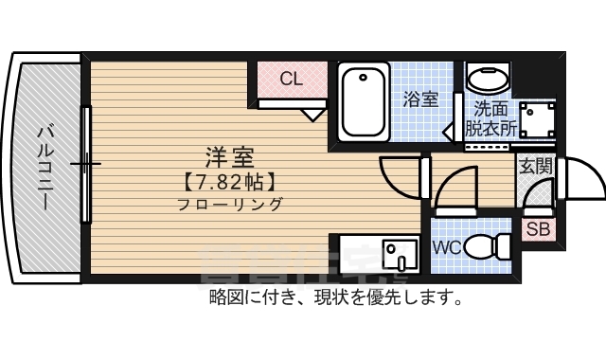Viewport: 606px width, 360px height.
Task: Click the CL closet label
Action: (291, 80)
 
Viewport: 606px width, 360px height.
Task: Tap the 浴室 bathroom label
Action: (420, 99)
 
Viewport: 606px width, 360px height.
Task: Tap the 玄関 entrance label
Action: (535, 166)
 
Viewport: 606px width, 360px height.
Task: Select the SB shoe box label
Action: (539, 228)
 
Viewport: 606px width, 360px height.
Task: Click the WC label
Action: (447, 248)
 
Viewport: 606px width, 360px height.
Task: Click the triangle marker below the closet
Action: (312, 115)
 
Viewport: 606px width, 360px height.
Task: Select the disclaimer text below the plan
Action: (336, 299)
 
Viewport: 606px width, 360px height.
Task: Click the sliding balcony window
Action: (86, 165)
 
